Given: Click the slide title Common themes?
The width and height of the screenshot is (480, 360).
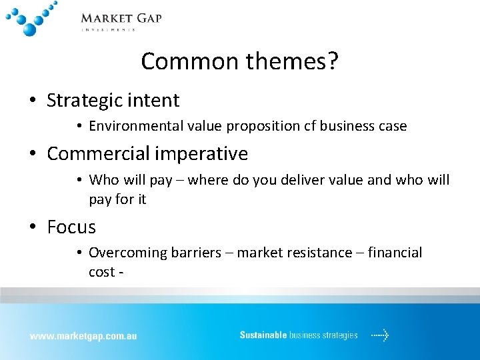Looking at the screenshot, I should [x=239, y=61].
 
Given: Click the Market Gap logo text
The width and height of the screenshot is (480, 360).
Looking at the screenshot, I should [x=121, y=19].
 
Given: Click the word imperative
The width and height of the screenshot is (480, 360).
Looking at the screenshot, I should [x=200, y=154].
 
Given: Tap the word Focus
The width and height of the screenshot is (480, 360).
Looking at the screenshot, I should [x=71, y=227].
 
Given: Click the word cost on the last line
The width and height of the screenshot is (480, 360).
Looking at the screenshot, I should [x=101, y=272].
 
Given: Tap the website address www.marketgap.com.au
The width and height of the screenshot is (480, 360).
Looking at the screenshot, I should [x=83, y=336].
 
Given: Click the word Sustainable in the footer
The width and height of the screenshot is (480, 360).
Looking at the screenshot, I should [x=263, y=335].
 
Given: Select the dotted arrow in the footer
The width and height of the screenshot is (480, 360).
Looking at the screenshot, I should [x=380, y=335].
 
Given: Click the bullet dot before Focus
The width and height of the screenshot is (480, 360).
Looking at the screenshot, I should [x=33, y=228].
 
